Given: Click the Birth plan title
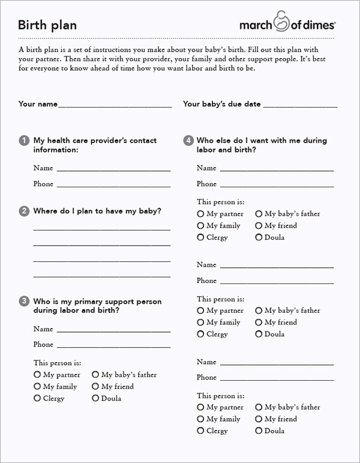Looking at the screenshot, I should pos(47,25).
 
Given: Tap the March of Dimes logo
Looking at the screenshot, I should pos(287,23).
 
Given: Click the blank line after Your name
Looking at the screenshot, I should pos(115,105).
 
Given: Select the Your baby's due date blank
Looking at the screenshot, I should pos(300,105).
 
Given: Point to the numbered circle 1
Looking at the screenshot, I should pos(24,141).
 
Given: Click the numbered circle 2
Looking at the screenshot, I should pos(24,211).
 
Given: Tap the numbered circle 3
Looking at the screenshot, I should pos(24,301).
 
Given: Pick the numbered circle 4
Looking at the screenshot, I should pos(188,141).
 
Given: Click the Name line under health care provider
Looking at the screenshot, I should pos(113,169).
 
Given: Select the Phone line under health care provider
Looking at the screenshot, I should pos(113,186).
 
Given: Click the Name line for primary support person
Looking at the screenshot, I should pos(113,330).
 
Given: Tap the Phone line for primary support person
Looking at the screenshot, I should pos(113,346).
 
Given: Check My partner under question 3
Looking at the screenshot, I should pos(37,375).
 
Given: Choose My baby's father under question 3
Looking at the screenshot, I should pos(95,375).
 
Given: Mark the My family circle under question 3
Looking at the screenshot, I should pos(37,387).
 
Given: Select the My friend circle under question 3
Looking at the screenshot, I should pos(95,387).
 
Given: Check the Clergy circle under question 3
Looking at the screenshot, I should pos(37,398).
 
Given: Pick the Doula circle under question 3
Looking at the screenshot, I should pos(95,398).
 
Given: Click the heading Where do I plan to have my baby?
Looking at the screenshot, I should pos(97,211).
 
